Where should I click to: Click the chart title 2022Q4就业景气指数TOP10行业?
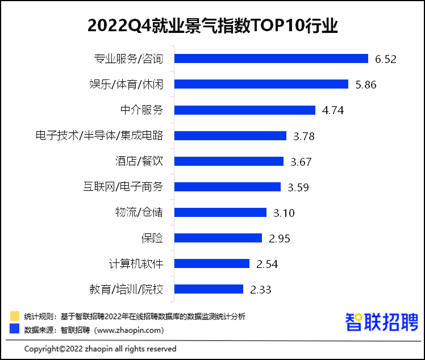213,26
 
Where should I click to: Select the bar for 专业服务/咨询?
271,58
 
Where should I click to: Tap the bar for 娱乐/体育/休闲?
261,84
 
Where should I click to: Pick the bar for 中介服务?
245,110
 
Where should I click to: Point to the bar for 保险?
218,238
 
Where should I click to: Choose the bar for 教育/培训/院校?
209,289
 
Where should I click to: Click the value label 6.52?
385,59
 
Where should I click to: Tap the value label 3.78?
304,136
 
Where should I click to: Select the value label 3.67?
301,162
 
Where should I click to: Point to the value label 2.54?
267,264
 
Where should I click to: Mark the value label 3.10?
284,213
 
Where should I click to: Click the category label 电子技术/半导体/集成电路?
99,136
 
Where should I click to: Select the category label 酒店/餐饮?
139,161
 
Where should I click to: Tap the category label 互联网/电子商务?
123,187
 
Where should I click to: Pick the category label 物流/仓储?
139,212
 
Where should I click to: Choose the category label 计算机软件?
136,263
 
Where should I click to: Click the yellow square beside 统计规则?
15,316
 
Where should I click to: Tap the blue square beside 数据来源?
15,329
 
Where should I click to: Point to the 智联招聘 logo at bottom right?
382,322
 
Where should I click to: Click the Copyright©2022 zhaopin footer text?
101,349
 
